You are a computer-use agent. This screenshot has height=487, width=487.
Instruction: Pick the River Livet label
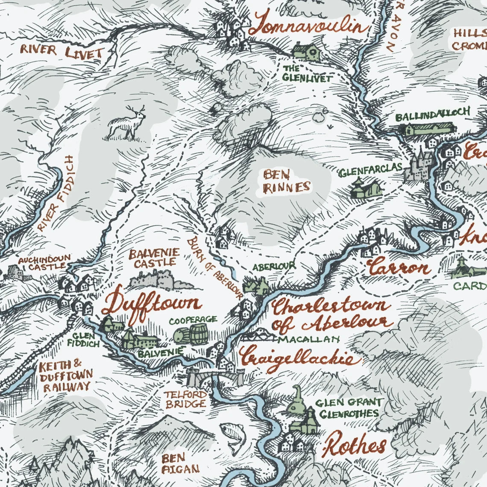coord(62,52)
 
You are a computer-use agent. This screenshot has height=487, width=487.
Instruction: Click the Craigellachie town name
coord(297,358)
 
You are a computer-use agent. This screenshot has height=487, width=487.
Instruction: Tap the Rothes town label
coord(354,446)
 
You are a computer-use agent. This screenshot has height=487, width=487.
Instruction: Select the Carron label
coord(398,269)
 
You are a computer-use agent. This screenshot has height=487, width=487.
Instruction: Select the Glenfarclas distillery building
coord(365,188)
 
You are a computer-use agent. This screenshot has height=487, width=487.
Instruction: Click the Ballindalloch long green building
coord(428,129)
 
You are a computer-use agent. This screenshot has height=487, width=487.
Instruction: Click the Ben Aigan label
coord(174,464)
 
